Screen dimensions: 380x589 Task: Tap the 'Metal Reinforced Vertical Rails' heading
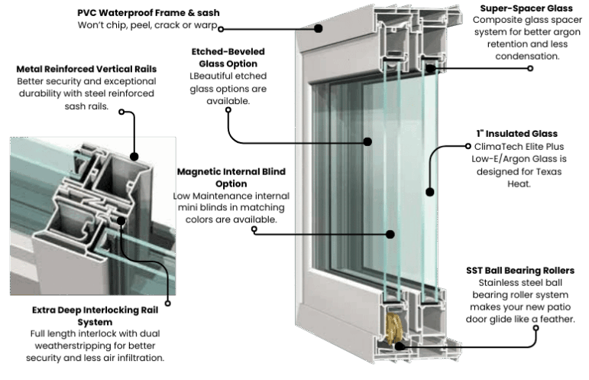(86, 69)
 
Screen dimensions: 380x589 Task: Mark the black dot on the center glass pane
(367, 141)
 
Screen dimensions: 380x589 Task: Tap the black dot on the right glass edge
(429, 190)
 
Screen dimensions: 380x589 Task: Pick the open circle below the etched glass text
(228, 109)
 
